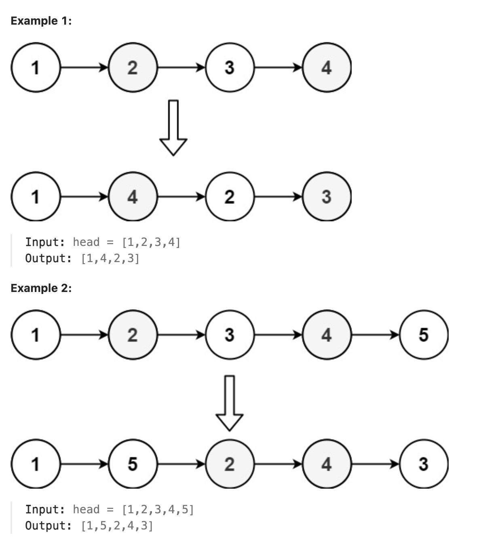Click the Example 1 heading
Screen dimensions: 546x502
click(x=41, y=21)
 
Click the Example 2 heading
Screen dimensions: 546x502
click(x=41, y=288)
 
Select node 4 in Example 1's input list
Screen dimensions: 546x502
click(x=327, y=67)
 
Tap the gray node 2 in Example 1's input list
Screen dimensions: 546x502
click(x=133, y=67)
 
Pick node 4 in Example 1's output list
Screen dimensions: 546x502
click(x=133, y=197)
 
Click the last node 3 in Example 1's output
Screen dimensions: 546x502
click(x=327, y=197)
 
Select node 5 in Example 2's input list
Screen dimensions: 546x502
click(x=424, y=335)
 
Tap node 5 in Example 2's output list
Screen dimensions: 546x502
click(x=133, y=464)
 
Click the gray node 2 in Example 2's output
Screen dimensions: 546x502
click(x=230, y=464)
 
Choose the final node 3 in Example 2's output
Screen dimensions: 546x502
click(x=424, y=464)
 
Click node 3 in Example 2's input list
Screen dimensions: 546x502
click(x=230, y=335)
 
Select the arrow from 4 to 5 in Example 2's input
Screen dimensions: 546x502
click(x=375, y=335)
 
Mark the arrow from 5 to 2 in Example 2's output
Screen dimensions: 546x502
click(x=181, y=464)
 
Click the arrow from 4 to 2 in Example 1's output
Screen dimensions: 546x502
click(x=181, y=197)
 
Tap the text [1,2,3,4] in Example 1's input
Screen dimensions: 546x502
click(x=151, y=242)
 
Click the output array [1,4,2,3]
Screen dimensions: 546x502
click(x=110, y=258)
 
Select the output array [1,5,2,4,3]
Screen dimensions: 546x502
click(x=117, y=526)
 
